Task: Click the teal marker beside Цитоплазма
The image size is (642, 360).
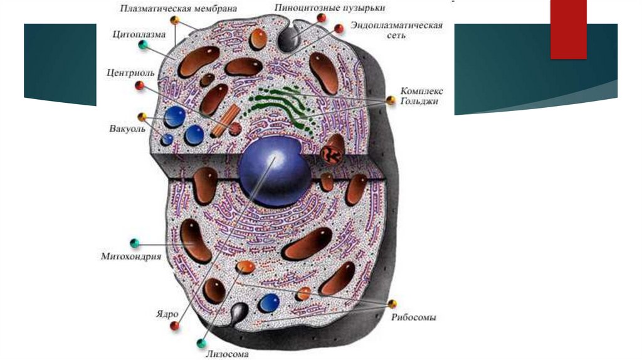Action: tap(144, 45)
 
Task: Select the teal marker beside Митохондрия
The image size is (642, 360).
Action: tap(134, 243)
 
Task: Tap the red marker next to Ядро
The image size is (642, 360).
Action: tap(174, 326)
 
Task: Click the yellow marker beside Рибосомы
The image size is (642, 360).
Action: tap(392, 304)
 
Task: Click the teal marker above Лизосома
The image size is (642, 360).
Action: tap(202, 342)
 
